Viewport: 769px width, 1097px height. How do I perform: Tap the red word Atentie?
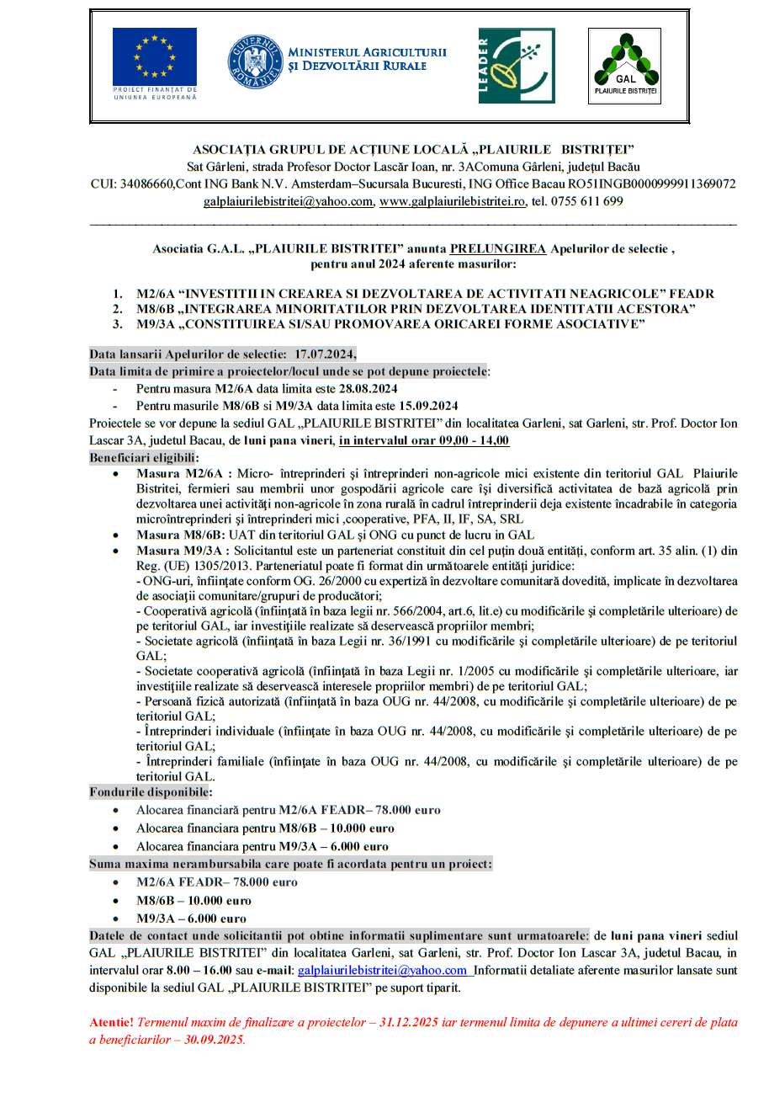click(x=111, y=1022)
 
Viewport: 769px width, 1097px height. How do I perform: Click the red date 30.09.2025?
click(x=214, y=1040)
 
